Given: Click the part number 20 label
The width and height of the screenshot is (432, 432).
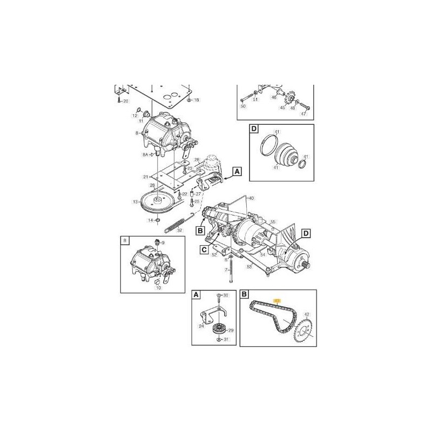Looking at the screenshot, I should coord(126,101).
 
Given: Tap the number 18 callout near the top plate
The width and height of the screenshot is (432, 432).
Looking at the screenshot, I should coord(196,100).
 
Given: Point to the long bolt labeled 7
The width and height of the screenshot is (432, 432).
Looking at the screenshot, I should coord(231,270).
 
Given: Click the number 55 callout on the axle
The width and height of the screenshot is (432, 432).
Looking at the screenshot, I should coord(273,222).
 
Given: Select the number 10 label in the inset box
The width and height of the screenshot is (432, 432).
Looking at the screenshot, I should coord(158,288).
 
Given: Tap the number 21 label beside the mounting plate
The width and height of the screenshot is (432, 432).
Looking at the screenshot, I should coord(145,177).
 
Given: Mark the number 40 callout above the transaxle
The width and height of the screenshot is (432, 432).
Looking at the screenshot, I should coord(249,198).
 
